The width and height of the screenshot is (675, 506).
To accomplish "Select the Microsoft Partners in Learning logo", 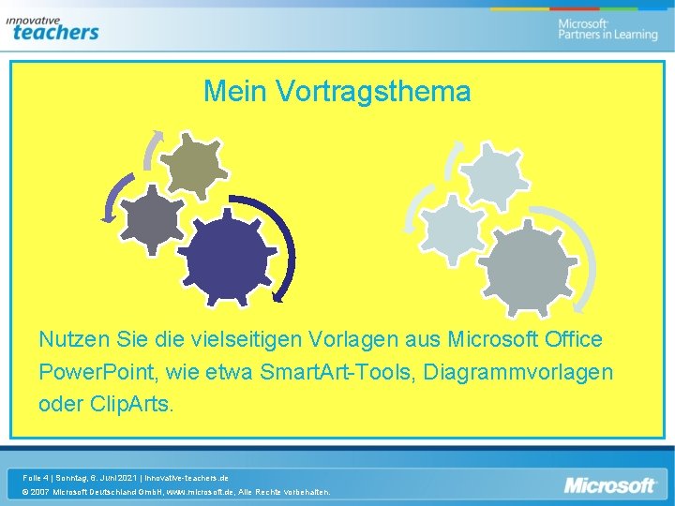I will pyautogui.click(x=607, y=29).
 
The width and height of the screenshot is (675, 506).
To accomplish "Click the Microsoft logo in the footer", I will pyautogui.click(x=609, y=485).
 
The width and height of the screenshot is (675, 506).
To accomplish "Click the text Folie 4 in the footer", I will pyautogui.click(x=38, y=478).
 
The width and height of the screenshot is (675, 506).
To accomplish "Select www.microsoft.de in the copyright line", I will pyautogui.click(x=200, y=492).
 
